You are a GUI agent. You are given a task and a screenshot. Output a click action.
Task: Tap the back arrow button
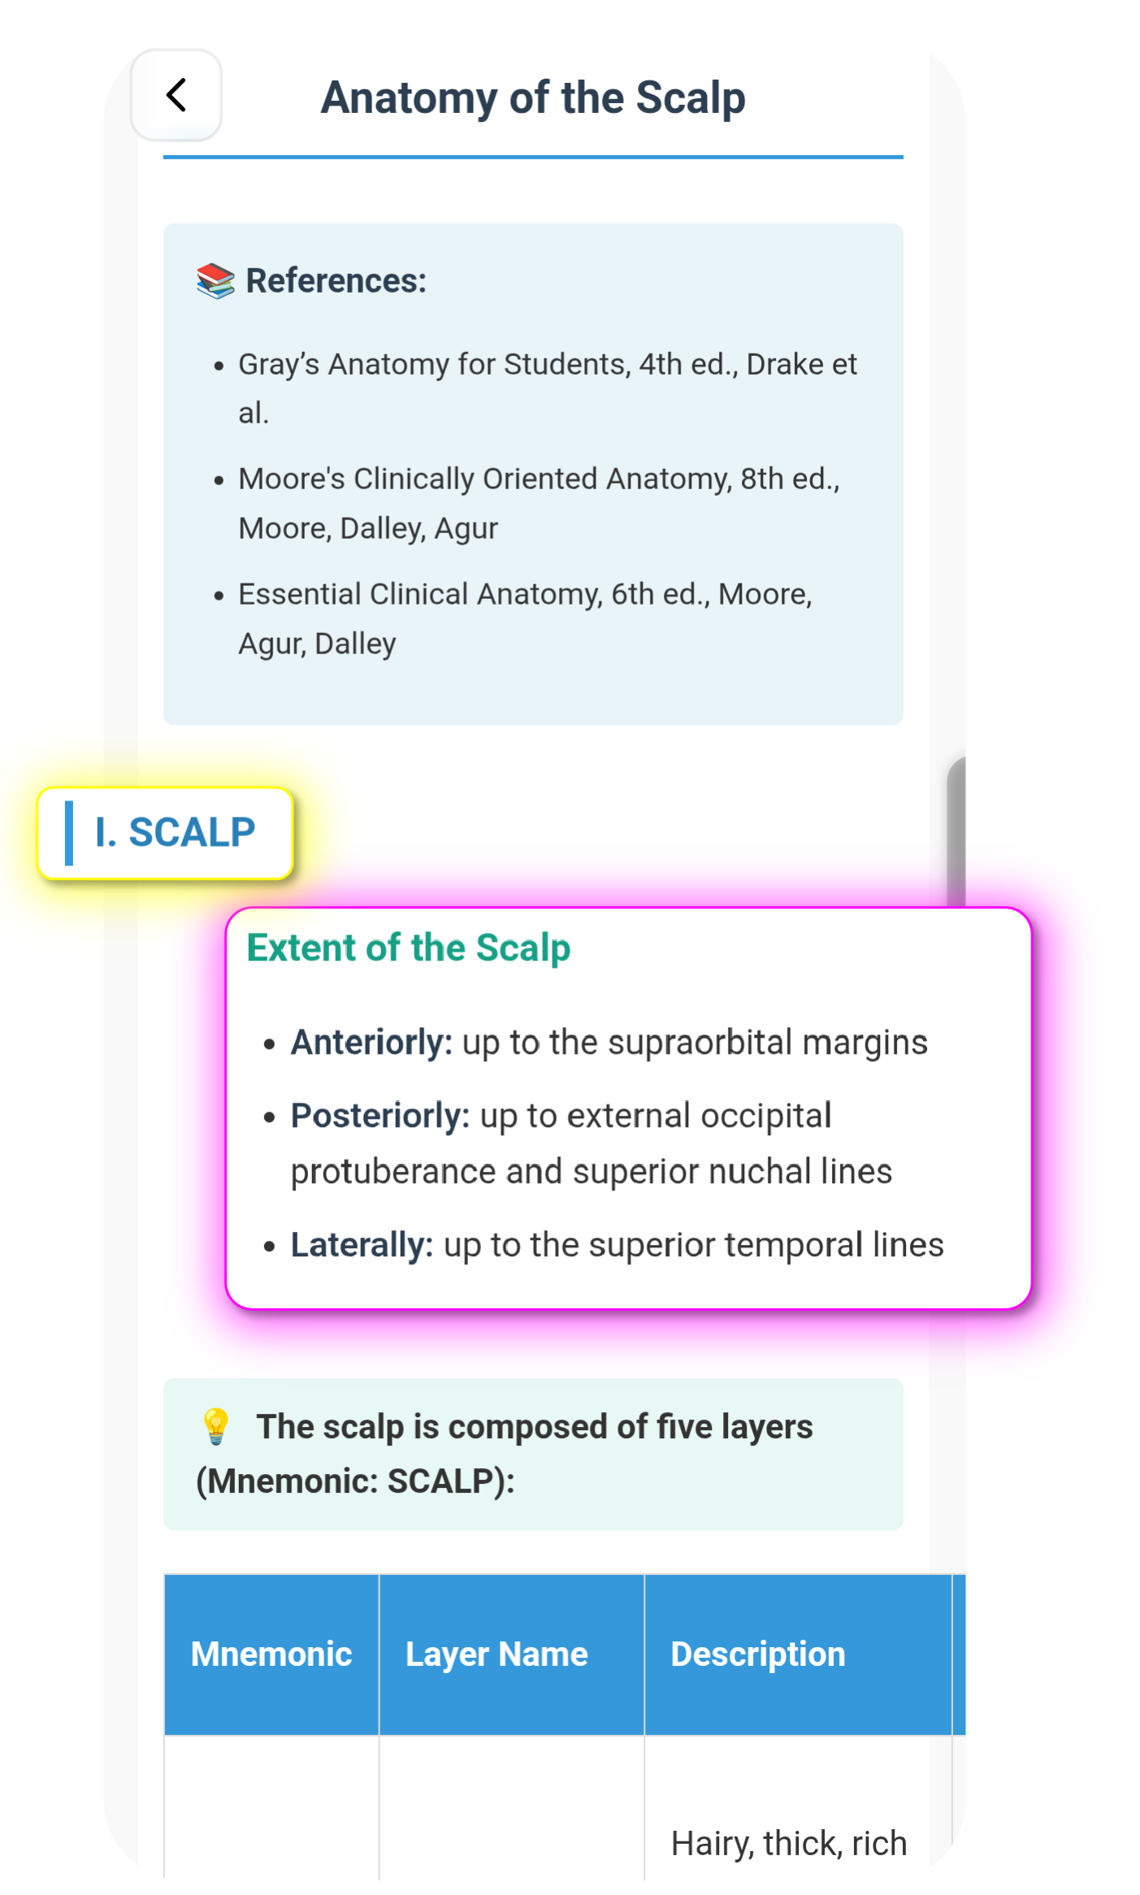[x=176, y=95]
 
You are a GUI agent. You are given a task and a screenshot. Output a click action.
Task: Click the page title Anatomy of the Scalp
[x=532, y=98]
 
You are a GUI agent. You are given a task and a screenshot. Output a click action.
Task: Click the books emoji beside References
[x=215, y=281]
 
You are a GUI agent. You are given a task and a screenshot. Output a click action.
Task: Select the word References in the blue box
[x=336, y=281]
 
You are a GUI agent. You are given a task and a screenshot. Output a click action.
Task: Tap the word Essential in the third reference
[x=299, y=595]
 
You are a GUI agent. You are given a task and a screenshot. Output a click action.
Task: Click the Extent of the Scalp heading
[x=408, y=948]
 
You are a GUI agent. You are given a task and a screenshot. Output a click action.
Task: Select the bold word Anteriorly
[x=371, y=1043]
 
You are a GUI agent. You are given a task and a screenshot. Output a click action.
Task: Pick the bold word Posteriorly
[x=379, y=1117]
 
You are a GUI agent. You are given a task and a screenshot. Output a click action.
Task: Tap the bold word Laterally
[x=362, y=1246]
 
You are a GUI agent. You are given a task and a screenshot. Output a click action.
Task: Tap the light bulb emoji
[x=216, y=1428]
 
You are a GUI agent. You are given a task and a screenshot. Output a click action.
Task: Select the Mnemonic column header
[x=271, y=1654]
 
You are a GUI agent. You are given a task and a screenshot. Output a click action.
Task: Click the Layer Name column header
[x=496, y=1654]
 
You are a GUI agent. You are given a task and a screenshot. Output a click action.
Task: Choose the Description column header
[x=757, y=1654]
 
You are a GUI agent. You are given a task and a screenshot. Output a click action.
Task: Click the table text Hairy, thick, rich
[x=788, y=1844]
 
